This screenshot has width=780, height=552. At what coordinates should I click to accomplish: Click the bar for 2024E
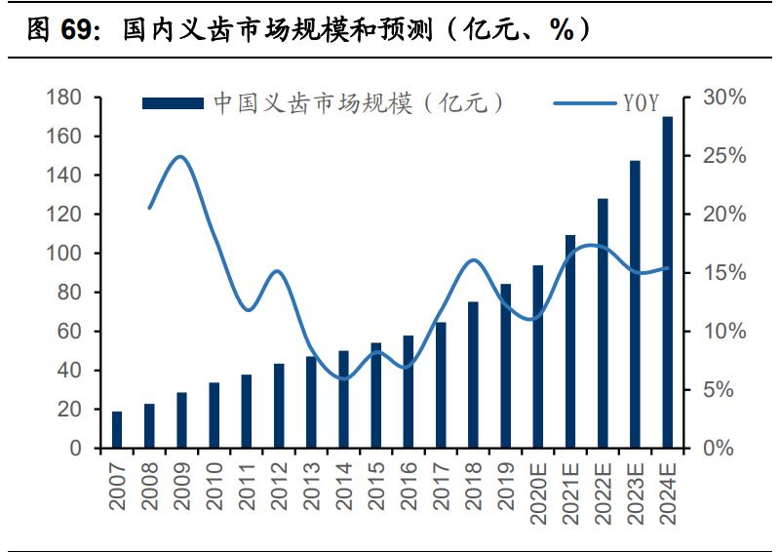668,283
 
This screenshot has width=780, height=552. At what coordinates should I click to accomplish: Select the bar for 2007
117,430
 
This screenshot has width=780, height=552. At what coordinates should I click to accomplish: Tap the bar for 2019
505,366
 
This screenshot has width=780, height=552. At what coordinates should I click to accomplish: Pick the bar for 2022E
603,323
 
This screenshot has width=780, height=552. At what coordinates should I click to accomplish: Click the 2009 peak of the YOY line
180,156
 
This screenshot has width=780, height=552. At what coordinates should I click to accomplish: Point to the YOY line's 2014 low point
343,378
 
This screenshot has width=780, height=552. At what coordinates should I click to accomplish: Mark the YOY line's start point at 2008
149,208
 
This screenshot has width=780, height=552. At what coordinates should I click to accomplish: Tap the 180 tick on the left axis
63,98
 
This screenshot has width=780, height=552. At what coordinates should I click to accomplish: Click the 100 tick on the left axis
63,254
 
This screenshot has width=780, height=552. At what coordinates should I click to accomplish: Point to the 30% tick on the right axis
722,98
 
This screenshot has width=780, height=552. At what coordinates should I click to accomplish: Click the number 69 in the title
81,31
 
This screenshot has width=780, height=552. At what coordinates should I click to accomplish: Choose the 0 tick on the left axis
75,449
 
